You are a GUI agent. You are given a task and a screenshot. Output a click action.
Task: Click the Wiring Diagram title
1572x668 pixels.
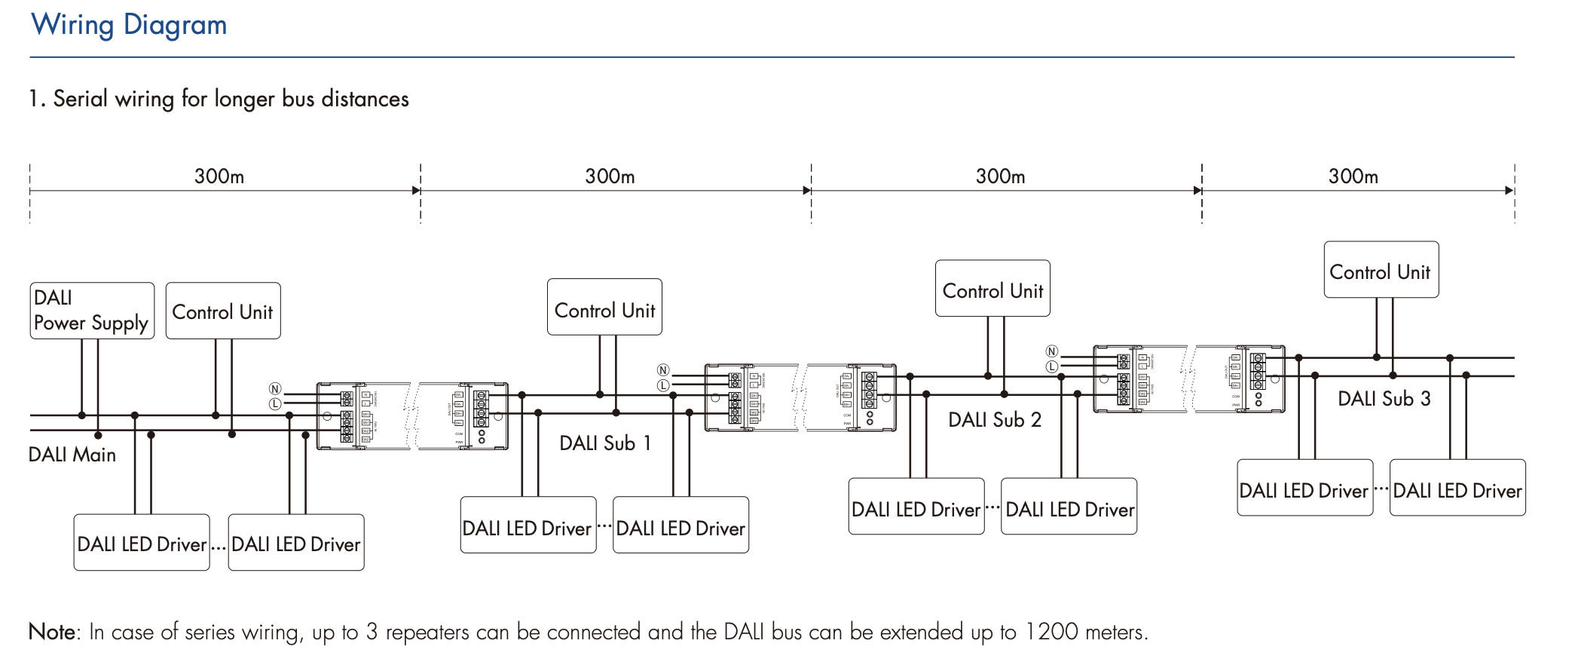[129, 26]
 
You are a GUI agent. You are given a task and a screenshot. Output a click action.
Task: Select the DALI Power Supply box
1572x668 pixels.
[92, 311]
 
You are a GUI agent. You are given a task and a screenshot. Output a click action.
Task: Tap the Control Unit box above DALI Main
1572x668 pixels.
[223, 311]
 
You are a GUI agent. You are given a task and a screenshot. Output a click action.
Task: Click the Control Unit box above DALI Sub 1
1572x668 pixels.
[604, 308]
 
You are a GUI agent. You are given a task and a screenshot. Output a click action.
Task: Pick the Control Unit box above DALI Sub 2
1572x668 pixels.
[992, 289]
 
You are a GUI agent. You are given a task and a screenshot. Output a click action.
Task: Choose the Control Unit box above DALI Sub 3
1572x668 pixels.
[1381, 270]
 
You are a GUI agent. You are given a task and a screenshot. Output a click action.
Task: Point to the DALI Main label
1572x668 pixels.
[72, 455]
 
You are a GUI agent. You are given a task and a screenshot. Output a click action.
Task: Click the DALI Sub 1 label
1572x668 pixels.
[605, 443]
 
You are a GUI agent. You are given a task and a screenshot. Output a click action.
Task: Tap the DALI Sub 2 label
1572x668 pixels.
[995, 420]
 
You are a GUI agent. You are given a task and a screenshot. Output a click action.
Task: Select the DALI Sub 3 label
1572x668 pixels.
[1384, 399]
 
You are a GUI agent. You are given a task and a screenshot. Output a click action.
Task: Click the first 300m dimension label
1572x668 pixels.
[219, 176]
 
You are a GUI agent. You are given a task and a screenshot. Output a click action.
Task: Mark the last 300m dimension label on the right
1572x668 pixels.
[1353, 176]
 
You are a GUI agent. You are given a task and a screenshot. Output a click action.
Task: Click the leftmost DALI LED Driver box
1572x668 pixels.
[142, 543]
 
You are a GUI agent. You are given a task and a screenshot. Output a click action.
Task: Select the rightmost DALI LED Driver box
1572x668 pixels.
[1457, 489]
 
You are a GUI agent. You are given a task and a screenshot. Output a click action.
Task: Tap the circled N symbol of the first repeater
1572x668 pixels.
[275, 389]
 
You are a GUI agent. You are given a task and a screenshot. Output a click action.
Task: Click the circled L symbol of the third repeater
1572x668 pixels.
[1052, 366]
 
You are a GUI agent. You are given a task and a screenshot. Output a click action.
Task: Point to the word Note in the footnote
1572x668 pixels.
[52, 632]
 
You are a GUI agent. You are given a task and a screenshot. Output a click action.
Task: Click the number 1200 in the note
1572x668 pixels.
[1051, 632]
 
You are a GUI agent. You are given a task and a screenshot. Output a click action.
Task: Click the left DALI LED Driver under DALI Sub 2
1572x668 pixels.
[916, 507]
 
